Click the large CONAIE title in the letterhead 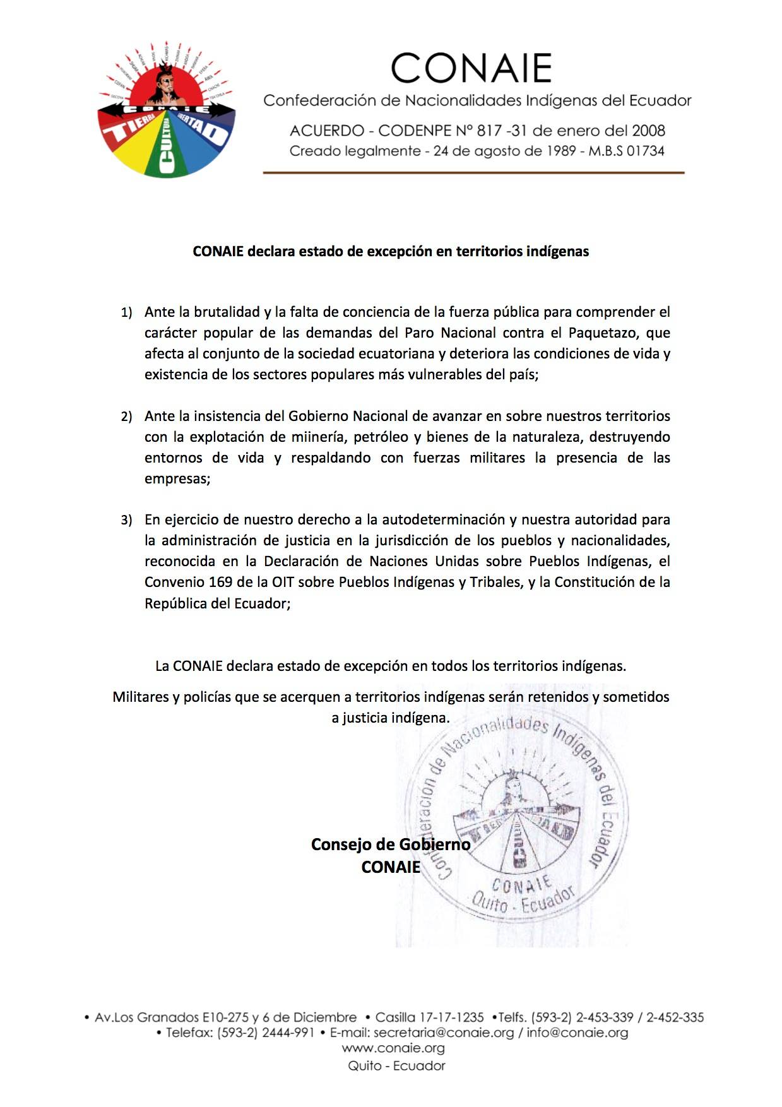pos(471,68)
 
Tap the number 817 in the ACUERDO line pos(489,131)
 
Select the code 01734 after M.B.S pos(645,151)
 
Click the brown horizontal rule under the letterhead pos(473,172)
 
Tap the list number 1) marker pos(127,312)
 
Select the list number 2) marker pos(127,417)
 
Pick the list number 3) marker pos(127,521)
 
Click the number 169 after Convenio pos(221,582)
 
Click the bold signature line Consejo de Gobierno pos(391,844)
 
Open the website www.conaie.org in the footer pos(393,1048)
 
